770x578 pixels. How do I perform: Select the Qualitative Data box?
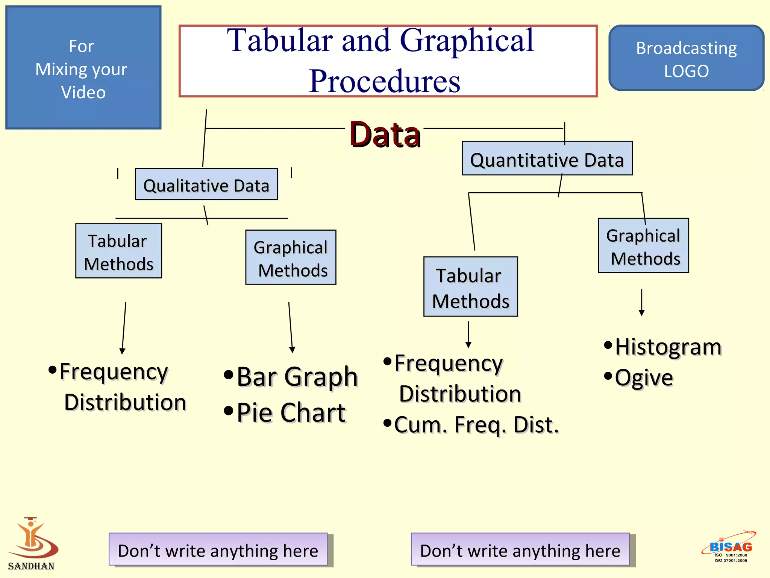coord(206,184)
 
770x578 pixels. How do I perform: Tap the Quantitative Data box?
coord(547,158)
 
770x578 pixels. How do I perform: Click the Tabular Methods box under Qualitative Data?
coord(118,251)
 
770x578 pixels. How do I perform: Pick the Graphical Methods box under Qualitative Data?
coord(291,257)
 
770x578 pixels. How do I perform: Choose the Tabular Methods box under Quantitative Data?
coord(470,287)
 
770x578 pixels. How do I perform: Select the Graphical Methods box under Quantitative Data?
coord(643,246)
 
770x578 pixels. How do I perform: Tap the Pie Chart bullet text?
coord(291,412)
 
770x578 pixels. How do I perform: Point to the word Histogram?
coord(668,347)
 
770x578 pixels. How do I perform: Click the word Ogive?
coord(644,378)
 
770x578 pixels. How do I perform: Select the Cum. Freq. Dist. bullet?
coord(476,425)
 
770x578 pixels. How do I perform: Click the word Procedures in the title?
coord(385,81)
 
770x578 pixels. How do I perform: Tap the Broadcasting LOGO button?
coord(686,58)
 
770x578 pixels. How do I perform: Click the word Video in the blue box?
coord(83,92)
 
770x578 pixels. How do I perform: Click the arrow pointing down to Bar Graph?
coord(291,327)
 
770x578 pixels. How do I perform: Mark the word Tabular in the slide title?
coord(280,41)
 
